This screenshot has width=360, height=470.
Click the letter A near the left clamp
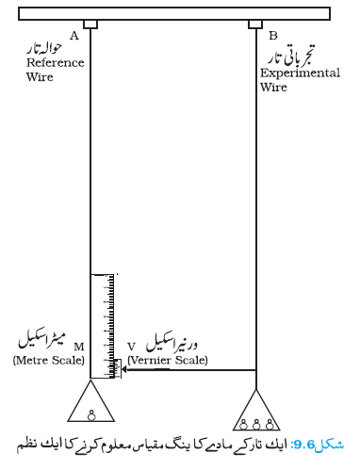pyautogui.click(x=74, y=36)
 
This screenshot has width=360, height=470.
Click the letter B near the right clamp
pyautogui.click(x=273, y=36)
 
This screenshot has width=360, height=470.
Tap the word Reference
pyautogui.click(x=56, y=63)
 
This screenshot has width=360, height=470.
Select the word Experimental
pyautogui.click(x=300, y=73)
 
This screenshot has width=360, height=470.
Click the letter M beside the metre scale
pyautogui.click(x=79, y=347)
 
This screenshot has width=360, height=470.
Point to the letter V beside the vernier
pyautogui.click(x=131, y=347)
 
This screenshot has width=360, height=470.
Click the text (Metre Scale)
pyautogui.click(x=49, y=360)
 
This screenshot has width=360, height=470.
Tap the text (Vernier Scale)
pyautogui.click(x=168, y=360)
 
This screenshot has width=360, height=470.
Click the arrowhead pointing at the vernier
pyautogui.click(x=124, y=369)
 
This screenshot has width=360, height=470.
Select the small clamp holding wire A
pyautogui.click(x=90, y=24)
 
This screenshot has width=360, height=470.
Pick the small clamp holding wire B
pyautogui.click(x=255, y=24)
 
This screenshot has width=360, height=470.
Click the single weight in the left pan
pyautogui.click(x=91, y=415)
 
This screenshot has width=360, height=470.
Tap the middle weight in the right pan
pyautogui.click(x=256, y=425)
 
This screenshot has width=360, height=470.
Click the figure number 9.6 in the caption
pyautogui.click(x=303, y=445)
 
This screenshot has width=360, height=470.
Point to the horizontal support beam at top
pyautogui.click(x=174, y=13)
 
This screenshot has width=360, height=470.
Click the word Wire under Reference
pyautogui.click(x=40, y=77)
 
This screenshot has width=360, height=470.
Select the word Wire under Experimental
pyautogui.click(x=273, y=88)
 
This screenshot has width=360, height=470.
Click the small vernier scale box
pyautogui.click(x=118, y=368)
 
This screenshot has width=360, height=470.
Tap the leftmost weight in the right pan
pyautogui.click(x=243, y=425)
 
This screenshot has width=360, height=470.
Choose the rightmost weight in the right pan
pyautogui.click(x=270, y=425)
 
